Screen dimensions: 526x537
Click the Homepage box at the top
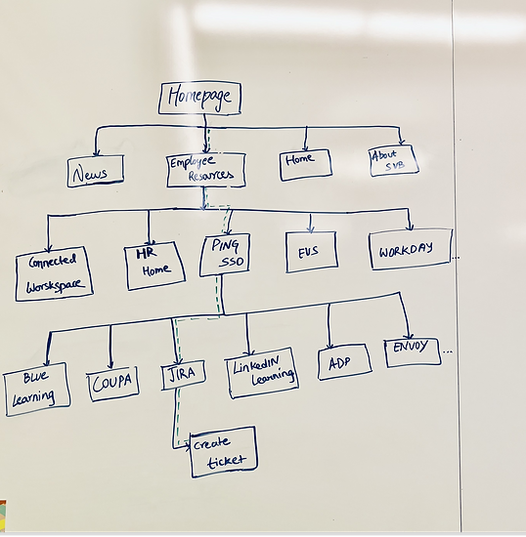pyautogui.click(x=199, y=98)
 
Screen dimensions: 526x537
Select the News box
pyautogui.click(x=95, y=171)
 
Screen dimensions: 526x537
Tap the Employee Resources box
pyautogui.click(x=206, y=170)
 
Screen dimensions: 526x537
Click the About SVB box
pyautogui.click(x=394, y=160)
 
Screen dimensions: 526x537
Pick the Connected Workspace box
pyautogui.click(x=54, y=273)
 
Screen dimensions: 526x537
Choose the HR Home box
pyautogui.click(x=155, y=266)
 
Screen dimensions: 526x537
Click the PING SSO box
pyautogui.click(x=225, y=255)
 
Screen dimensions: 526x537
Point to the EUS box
pyautogui.click(x=311, y=252)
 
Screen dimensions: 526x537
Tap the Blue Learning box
pyautogui.click(x=37, y=390)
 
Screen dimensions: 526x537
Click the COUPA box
pyautogui.click(x=112, y=384)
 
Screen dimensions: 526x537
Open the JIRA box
pyautogui.click(x=184, y=374)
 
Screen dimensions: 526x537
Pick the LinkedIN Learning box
pyautogui.click(x=262, y=373)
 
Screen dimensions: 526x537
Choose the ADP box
pyautogui.click(x=344, y=362)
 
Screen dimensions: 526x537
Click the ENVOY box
pyautogui.click(x=413, y=352)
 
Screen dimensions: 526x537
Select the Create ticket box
pyautogui.click(x=224, y=452)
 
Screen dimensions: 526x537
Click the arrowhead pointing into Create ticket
pyautogui.click(x=188, y=446)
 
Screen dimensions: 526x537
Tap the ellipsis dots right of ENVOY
pyautogui.click(x=448, y=351)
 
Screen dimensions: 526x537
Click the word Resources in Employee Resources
pyautogui.click(x=211, y=176)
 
